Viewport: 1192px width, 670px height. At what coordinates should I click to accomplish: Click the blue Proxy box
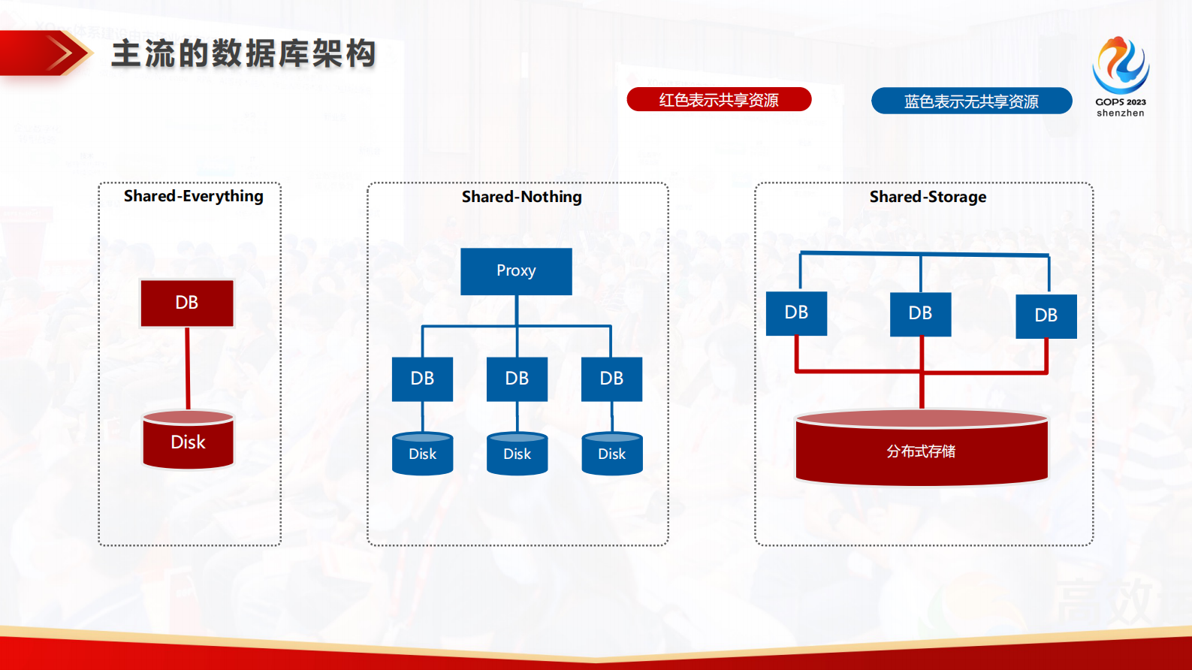516,271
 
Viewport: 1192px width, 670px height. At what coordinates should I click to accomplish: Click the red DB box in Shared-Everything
187,303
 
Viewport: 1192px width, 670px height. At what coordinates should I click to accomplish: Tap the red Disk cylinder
188,441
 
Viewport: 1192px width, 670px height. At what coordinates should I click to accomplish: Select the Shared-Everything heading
193,196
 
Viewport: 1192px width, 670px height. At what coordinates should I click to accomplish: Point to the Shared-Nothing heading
521,197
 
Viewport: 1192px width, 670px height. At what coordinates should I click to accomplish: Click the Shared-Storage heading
928,197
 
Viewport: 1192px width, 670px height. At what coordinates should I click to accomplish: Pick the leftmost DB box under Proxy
422,379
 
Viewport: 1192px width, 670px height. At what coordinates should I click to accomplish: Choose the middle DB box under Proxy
517,379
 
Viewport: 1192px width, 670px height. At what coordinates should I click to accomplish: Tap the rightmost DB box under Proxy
611,379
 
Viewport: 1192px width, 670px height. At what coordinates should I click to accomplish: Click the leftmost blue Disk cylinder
422,454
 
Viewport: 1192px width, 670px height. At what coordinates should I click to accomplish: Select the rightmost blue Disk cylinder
611,454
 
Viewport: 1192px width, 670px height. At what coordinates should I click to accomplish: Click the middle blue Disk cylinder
517,454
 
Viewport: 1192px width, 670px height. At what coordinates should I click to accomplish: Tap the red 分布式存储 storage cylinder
921,451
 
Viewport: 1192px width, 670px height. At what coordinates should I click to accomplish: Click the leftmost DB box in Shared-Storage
796,312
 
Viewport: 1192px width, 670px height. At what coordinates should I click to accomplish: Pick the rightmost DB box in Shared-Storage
1046,315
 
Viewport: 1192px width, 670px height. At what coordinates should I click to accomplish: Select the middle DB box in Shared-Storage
920,313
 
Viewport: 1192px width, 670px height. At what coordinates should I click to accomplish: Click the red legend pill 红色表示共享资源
719,99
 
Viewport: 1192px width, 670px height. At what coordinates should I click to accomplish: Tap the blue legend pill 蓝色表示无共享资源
971,101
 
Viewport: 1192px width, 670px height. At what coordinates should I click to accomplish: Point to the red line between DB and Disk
188,369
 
